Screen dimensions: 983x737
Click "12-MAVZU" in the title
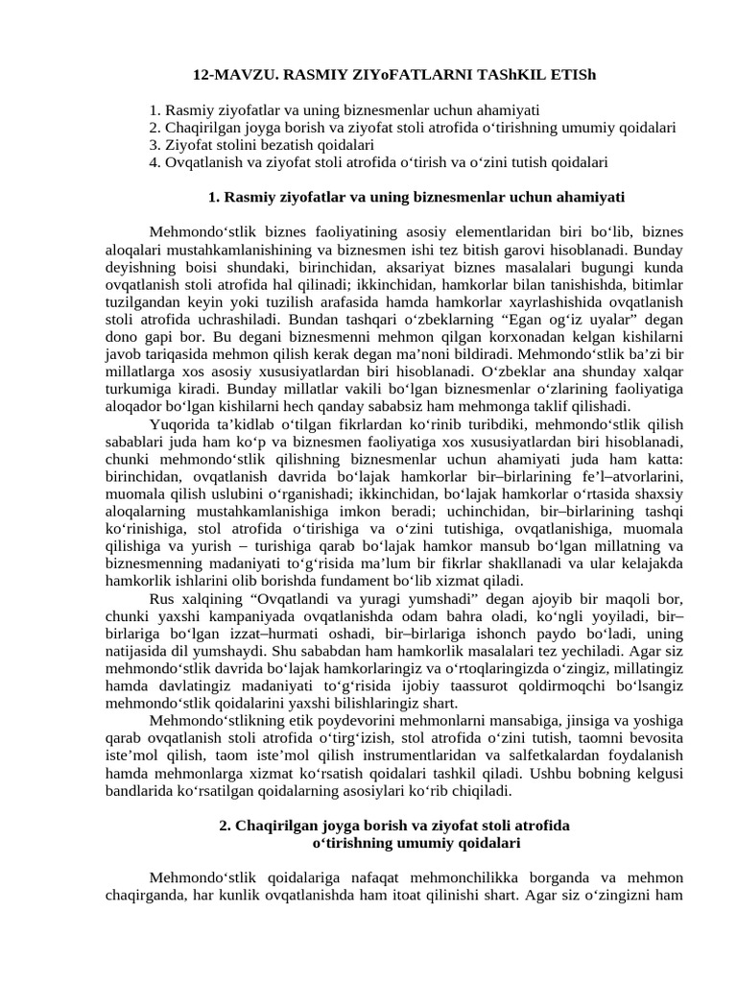(x=231, y=74)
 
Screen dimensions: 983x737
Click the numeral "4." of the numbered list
(x=155, y=162)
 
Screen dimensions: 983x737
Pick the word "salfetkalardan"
(x=565, y=756)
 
